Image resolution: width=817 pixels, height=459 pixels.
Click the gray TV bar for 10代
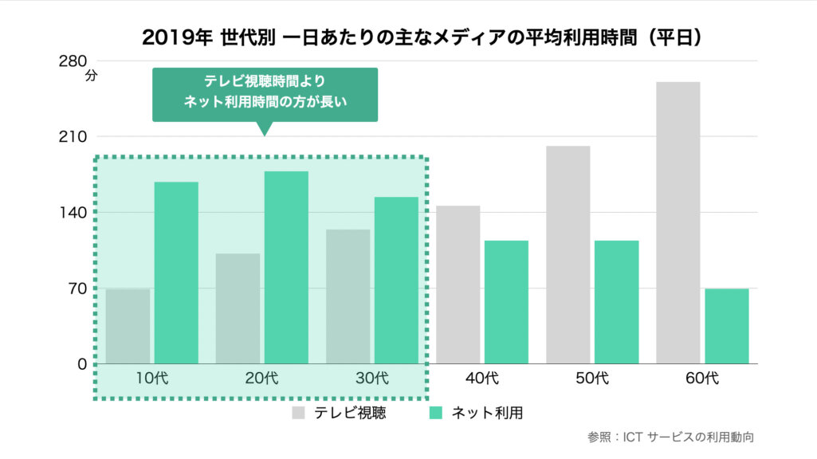click(128, 326)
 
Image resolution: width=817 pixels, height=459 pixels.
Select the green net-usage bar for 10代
click(176, 273)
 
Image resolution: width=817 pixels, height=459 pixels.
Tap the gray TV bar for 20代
click(238, 308)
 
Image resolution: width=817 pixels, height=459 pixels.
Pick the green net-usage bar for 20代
click(286, 268)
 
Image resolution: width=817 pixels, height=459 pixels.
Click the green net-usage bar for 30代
click(396, 280)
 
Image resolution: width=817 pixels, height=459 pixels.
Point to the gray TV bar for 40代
click(458, 284)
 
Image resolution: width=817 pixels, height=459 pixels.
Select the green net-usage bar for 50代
click(616, 302)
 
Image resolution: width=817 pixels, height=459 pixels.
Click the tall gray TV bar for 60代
click(678, 222)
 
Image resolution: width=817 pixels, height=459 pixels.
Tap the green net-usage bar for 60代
click(726, 326)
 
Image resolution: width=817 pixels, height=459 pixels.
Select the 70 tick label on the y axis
click(77, 288)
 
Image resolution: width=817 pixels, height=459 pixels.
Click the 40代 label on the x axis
click(481, 378)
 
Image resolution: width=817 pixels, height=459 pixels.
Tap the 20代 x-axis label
click(261, 378)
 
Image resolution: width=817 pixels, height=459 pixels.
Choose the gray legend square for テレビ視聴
click(299, 413)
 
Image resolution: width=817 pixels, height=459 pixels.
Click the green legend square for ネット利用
click(436, 413)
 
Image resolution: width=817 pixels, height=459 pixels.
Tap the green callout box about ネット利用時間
click(265, 94)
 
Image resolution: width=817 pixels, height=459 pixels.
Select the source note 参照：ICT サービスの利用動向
click(670, 437)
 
